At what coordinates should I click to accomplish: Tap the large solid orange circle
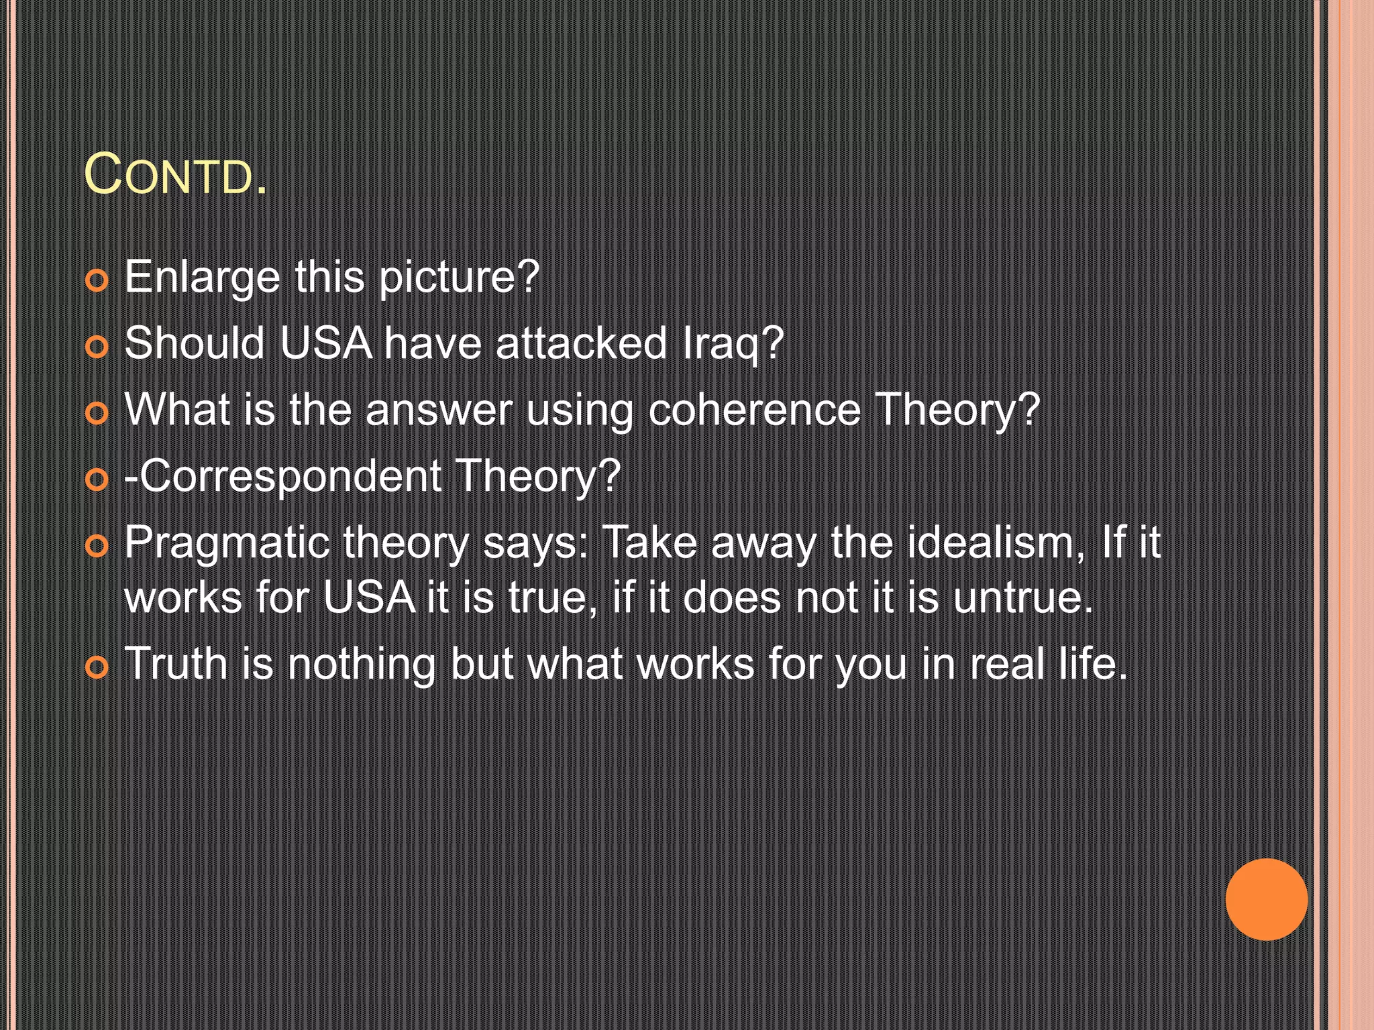[1266, 899]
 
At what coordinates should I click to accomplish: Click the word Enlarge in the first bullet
[202, 277]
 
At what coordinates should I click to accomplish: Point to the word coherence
[754, 410]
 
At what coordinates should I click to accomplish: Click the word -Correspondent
[282, 476]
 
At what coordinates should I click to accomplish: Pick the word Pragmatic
[227, 542]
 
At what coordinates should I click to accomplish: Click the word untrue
[1022, 597]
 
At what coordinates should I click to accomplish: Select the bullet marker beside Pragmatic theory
[97, 547]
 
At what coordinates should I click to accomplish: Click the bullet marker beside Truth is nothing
[97, 667]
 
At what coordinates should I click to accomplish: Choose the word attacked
[581, 343]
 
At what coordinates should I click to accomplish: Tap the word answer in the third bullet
[439, 410]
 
